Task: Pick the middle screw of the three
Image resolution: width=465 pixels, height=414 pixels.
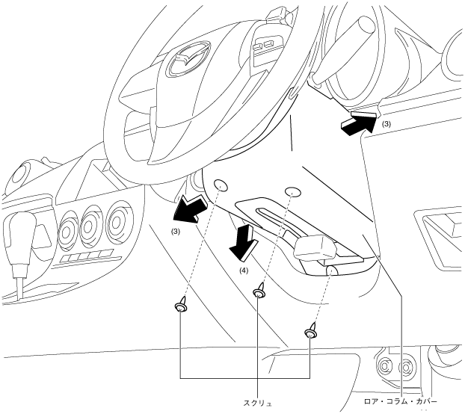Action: (x=260, y=291)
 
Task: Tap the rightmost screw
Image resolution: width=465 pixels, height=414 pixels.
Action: (x=311, y=331)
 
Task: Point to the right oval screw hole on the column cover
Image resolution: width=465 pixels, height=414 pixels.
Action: (x=293, y=191)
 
